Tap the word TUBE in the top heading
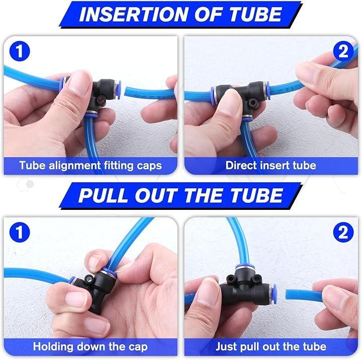[x=255, y=14]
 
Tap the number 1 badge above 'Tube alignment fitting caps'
[x=20, y=51]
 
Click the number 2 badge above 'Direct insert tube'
[x=343, y=51]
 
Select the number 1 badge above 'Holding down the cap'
[x=20, y=232]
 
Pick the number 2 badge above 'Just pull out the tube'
[x=343, y=232]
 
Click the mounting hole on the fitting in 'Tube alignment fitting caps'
[x=101, y=100]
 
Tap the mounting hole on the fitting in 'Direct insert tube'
[x=253, y=102]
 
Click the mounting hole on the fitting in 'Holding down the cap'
[x=88, y=279]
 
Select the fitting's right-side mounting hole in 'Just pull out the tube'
[x=255, y=280]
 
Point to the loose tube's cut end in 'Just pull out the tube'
[x=288, y=295]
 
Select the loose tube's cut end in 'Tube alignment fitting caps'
[x=127, y=91]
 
